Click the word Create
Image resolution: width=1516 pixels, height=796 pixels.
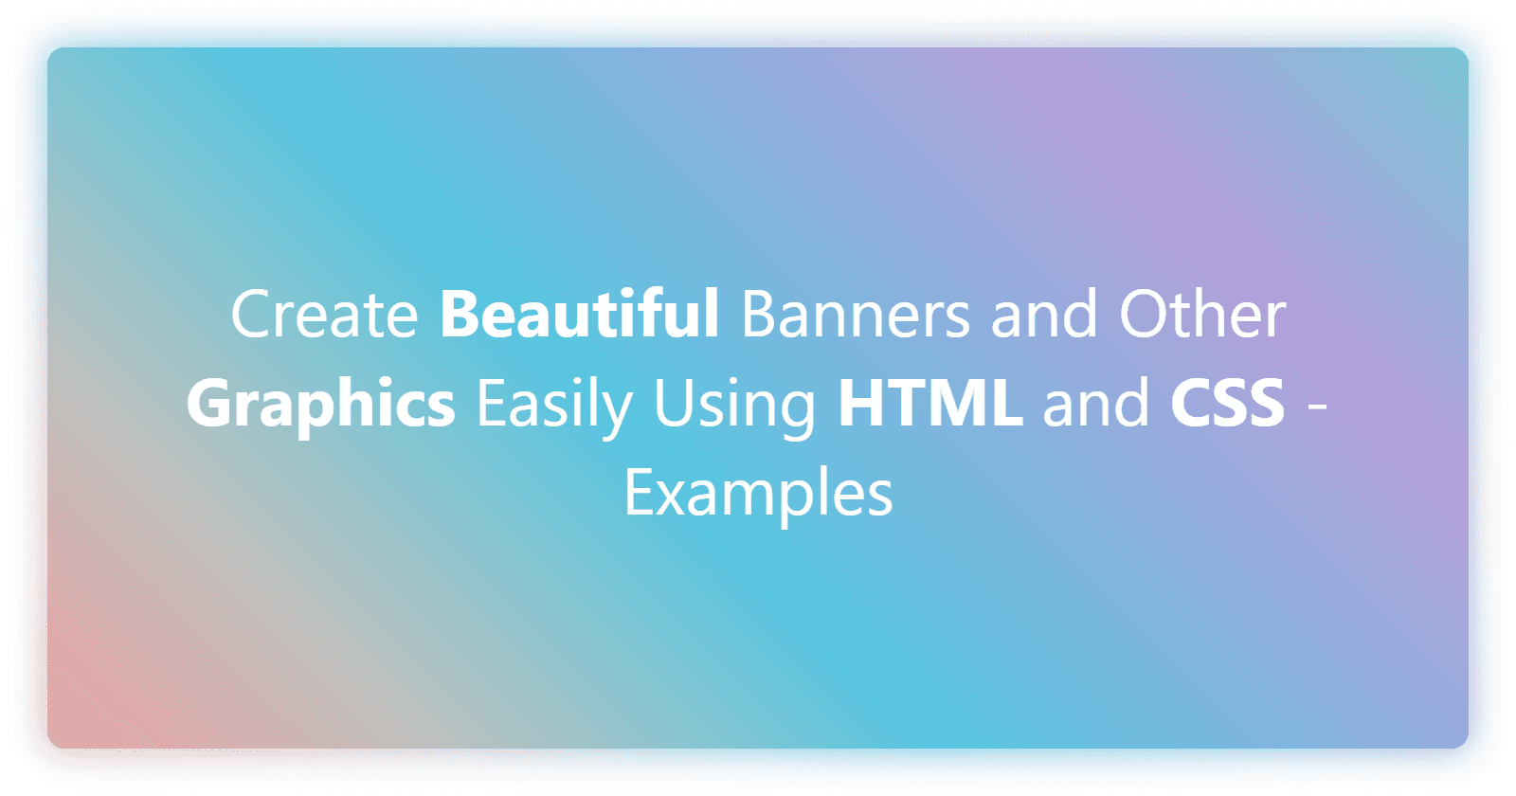click(324, 315)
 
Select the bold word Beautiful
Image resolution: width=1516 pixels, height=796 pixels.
click(579, 315)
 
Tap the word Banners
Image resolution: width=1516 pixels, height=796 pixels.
click(855, 315)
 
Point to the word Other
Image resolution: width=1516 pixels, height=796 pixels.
click(1202, 315)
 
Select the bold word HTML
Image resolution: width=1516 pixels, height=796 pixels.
click(929, 403)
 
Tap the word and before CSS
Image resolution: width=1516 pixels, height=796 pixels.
click(1096, 403)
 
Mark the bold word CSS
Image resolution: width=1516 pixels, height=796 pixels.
click(1227, 403)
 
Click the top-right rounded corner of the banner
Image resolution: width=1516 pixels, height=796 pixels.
click(1455, 61)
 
